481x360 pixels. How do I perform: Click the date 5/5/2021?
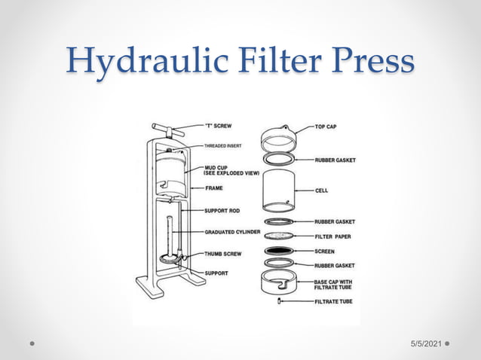click(x=425, y=343)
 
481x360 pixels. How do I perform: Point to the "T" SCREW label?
click(x=219, y=126)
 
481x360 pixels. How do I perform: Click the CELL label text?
click(x=321, y=191)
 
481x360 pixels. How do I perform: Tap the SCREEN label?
click(x=325, y=251)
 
